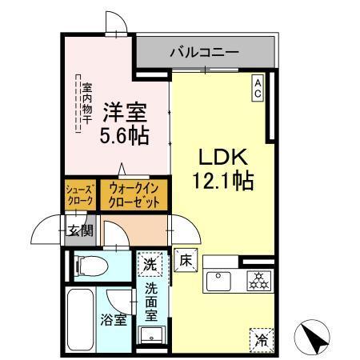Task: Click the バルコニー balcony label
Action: pyautogui.click(x=203, y=52)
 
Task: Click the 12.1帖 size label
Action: pyautogui.click(x=222, y=182)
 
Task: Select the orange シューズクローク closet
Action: pyautogui.click(x=80, y=195)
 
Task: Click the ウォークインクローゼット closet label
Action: pyautogui.click(x=134, y=195)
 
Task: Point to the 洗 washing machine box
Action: pyautogui.click(x=150, y=262)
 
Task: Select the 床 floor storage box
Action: pyautogui.click(x=182, y=259)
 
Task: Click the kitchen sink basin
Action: pyautogui.click(x=218, y=281)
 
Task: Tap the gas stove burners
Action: pyautogui.click(x=258, y=281)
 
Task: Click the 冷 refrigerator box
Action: pyautogui.click(x=261, y=338)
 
